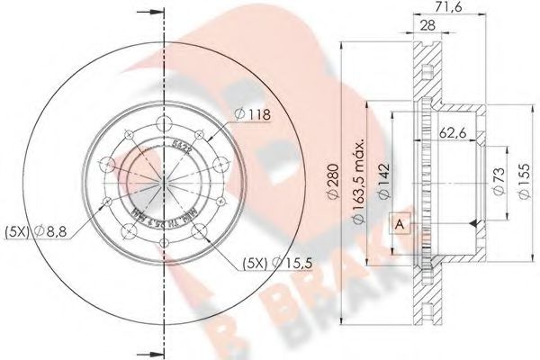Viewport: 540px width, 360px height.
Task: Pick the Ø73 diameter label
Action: coord(498,179)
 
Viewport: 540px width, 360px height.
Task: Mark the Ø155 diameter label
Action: coord(522,179)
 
